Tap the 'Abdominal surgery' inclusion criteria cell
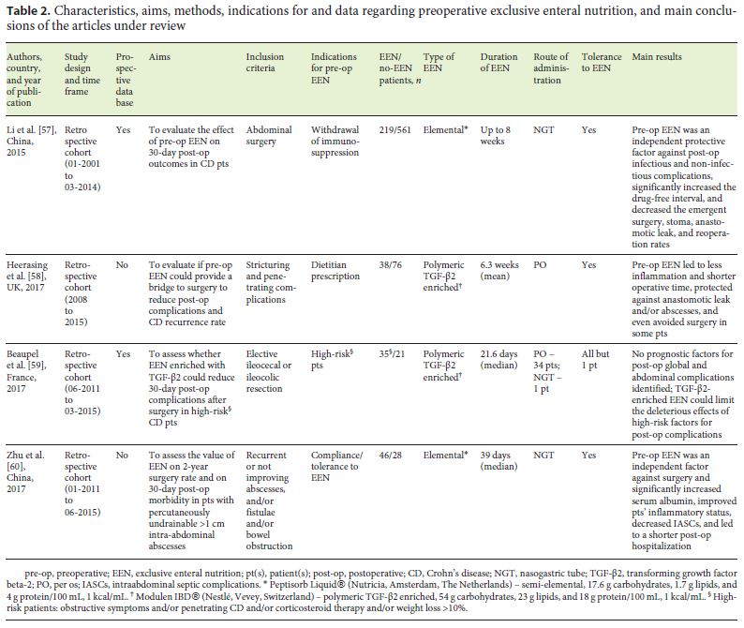pyautogui.click(x=270, y=138)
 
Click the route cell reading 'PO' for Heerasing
pyautogui.click(x=540, y=265)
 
